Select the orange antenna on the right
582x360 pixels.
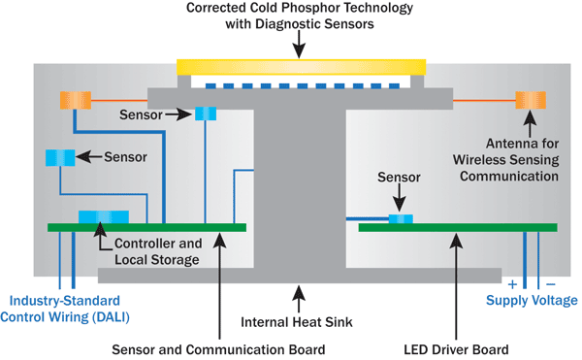[x=530, y=99]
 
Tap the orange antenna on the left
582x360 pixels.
[x=74, y=100]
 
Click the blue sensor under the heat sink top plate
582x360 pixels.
[x=207, y=115]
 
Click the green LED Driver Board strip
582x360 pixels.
[x=458, y=228]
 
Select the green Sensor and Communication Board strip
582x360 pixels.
[x=146, y=228]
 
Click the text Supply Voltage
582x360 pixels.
[x=531, y=301]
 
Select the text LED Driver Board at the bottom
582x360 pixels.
[x=455, y=349]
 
